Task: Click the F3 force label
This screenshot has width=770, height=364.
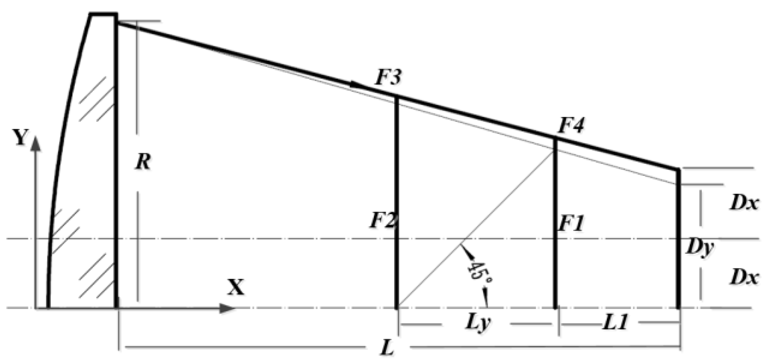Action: pyautogui.click(x=387, y=78)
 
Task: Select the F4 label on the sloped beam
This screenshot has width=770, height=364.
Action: pyautogui.click(x=571, y=125)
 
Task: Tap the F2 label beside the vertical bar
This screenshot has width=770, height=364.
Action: pyautogui.click(x=383, y=221)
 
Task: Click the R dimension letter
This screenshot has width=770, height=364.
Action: pyautogui.click(x=143, y=162)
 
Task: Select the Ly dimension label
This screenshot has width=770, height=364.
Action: pyautogui.click(x=478, y=322)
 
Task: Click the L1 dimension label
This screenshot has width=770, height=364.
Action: pyautogui.click(x=616, y=322)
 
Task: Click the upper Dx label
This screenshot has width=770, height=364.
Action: pyautogui.click(x=744, y=203)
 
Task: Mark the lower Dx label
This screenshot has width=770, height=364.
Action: pyautogui.click(x=744, y=276)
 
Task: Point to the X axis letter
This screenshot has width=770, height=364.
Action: pyautogui.click(x=236, y=287)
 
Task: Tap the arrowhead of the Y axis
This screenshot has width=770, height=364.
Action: pyautogui.click(x=36, y=144)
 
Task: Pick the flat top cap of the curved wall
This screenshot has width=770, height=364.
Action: pyautogui.click(x=104, y=15)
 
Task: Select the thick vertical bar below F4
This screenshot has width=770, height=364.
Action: pyautogui.click(x=555, y=224)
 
